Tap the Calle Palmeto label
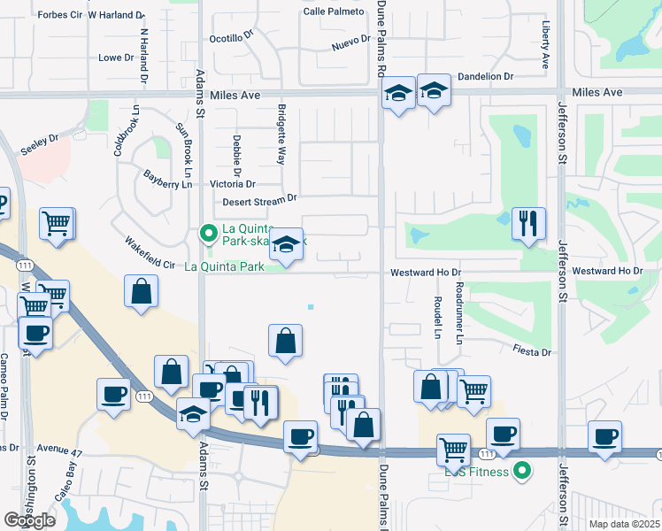334,12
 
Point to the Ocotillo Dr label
231,38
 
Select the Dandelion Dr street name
486,77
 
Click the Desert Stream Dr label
259,201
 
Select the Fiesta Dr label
533,351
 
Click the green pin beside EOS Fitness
522,472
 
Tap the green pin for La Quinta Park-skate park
208,234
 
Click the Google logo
30,520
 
